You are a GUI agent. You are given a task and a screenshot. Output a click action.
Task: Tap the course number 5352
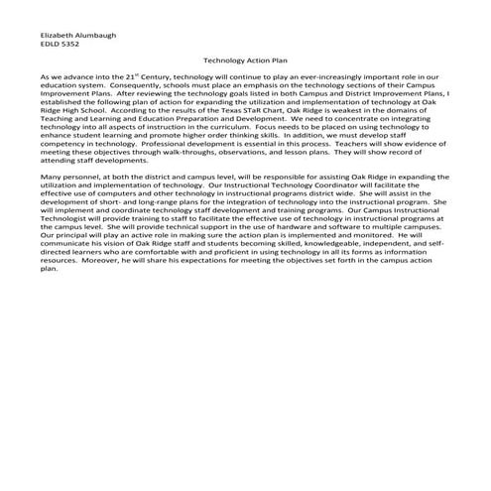[x=69, y=44]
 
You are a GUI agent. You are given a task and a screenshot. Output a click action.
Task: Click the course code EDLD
[x=49, y=44]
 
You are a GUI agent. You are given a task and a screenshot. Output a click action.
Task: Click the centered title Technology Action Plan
[x=244, y=61]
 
